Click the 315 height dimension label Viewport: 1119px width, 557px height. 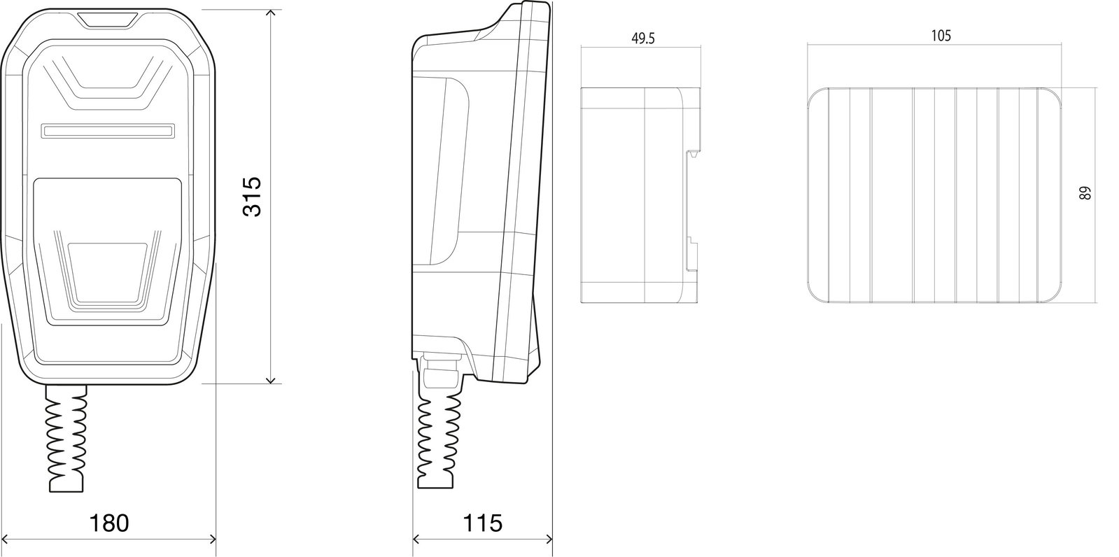pos(252,197)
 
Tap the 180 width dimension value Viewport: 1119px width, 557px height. pos(109,523)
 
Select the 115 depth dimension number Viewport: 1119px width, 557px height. pos(483,523)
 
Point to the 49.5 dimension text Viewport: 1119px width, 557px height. pos(643,38)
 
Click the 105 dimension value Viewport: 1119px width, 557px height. pos(941,36)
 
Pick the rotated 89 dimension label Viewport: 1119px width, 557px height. pos(1085,193)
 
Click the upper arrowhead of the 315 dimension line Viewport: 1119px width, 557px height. pos(271,13)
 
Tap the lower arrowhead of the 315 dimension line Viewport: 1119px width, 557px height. pos(271,380)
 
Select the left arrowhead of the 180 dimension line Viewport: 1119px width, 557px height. pos(6,539)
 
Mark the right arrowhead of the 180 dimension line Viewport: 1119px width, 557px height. pos(212,539)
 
